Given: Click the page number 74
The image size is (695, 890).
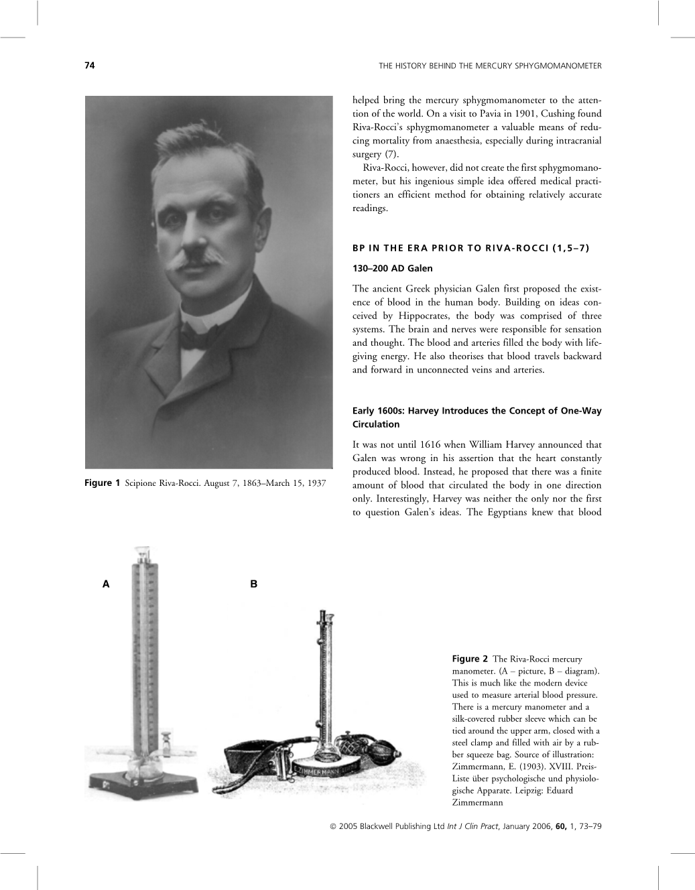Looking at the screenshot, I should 89,66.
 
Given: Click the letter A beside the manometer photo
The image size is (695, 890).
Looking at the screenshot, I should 105,584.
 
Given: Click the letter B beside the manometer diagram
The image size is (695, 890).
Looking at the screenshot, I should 253,584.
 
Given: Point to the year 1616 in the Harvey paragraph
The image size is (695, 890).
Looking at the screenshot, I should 434,444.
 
